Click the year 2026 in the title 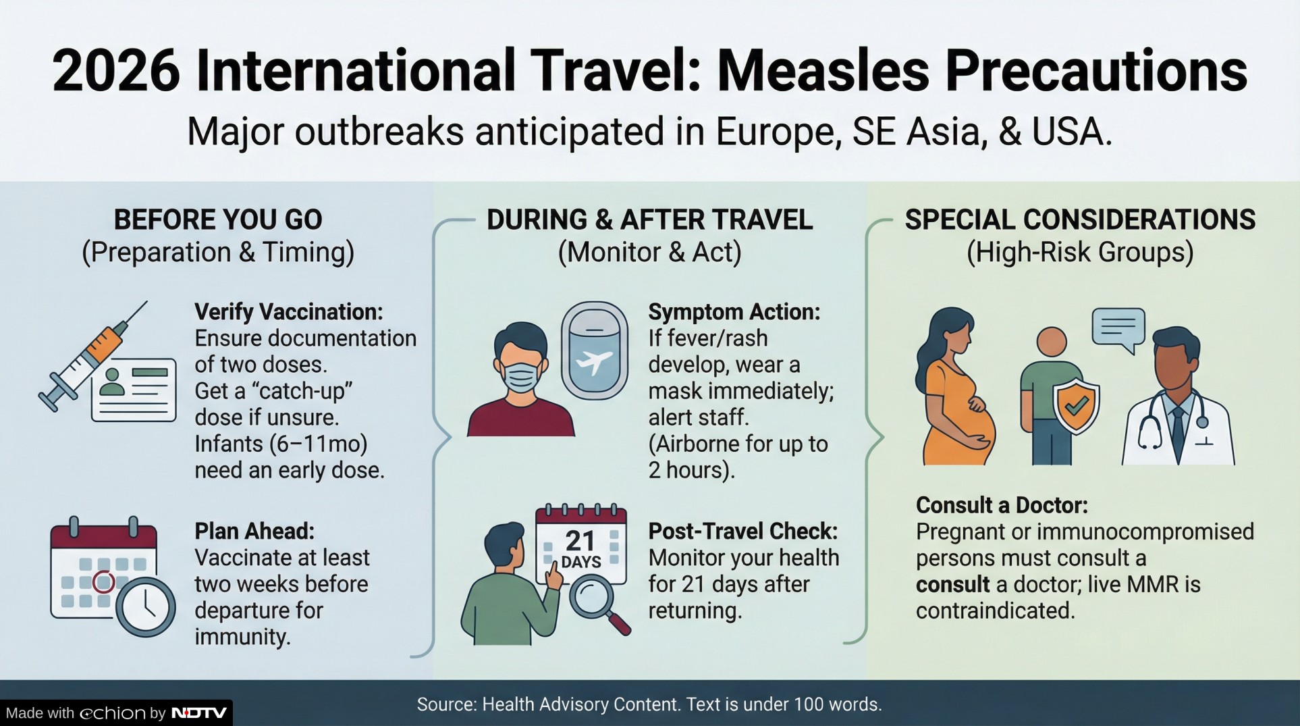pyautogui.click(x=116, y=71)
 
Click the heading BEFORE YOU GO pyautogui.click(x=218, y=220)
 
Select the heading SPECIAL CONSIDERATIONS pyautogui.click(x=1080, y=220)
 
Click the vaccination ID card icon pyautogui.click(x=134, y=390)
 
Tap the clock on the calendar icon pyautogui.click(x=145, y=606)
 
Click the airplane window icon pyautogui.click(x=595, y=351)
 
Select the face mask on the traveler pyautogui.click(x=520, y=376)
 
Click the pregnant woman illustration pyautogui.click(x=954, y=386)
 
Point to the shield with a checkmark pyautogui.click(x=1077, y=405)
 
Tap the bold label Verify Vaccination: pyautogui.click(x=289, y=312)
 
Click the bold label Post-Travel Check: pyautogui.click(x=743, y=531)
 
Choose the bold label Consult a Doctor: pyautogui.click(x=1002, y=505)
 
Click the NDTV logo pyautogui.click(x=198, y=713)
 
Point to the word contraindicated pyautogui.click(x=995, y=611)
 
